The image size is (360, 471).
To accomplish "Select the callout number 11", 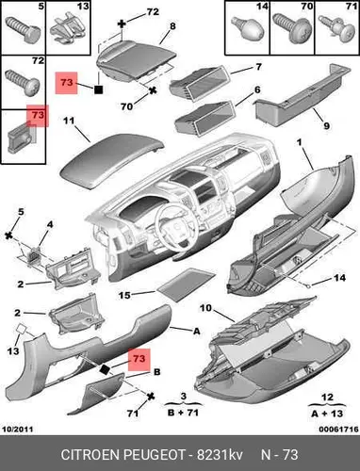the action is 69,121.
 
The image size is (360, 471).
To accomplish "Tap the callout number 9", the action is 326,125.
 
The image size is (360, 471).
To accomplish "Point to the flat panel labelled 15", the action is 187,284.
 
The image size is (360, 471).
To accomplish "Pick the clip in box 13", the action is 69,30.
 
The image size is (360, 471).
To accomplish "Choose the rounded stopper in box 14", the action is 247,28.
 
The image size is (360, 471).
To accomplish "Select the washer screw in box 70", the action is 291,27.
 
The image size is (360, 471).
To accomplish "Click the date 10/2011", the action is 18,429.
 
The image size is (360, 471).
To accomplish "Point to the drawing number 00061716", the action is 338,429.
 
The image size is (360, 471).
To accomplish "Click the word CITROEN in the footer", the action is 90,455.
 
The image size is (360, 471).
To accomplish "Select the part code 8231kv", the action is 220,455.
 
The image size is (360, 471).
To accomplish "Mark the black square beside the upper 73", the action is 98,89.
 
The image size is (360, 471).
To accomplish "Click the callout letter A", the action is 196,331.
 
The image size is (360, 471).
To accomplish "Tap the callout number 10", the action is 205,308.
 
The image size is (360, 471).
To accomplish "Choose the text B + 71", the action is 183,412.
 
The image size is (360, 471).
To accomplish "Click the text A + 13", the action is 327,414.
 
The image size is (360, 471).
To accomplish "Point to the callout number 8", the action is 172,25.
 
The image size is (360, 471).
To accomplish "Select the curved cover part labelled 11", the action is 112,160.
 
